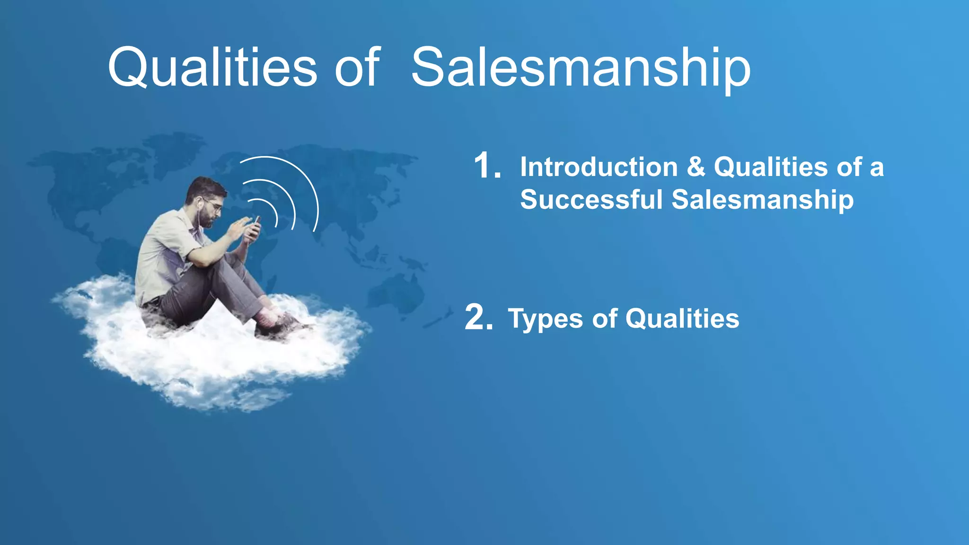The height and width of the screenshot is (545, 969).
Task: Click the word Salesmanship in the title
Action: pyautogui.click(x=581, y=68)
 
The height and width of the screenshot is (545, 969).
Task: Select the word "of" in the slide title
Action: pyautogui.click(x=357, y=68)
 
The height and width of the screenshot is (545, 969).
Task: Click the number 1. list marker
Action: pyautogui.click(x=487, y=166)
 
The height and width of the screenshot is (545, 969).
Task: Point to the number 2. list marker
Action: pyautogui.click(x=478, y=317)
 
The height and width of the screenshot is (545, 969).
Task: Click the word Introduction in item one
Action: pyautogui.click(x=599, y=167)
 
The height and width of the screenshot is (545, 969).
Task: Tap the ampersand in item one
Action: pyautogui.click(x=696, y=167)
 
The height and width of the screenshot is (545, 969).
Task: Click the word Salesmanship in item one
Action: pyautogui.click(x=763, y=199)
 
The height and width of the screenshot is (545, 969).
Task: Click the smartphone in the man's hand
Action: pyautogui.click(x=256, y=227)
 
